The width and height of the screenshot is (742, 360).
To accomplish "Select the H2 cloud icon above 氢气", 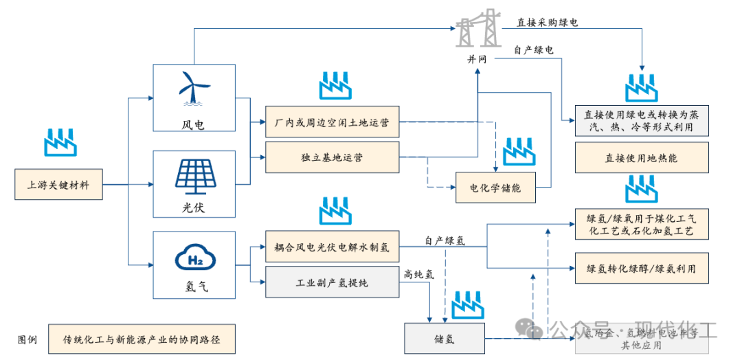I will click(x=193, y=259).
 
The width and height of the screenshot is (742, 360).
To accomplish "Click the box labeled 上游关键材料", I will click(x=59, y=185).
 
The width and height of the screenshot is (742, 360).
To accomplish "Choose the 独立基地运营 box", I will click(x=331, y=157).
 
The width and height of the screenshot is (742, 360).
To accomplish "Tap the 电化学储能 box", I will click(x=495, y=187).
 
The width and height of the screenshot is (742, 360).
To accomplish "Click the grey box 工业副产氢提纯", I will click(x=331, y=282).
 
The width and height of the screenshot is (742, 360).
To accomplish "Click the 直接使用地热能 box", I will click(x=640, y=157).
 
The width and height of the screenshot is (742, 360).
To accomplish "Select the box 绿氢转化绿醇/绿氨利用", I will click(x=640, y=269).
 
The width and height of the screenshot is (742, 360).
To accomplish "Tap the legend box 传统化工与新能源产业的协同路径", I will click(x=142, y=339).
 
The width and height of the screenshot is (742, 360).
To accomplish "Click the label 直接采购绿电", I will click(x=547, y=22).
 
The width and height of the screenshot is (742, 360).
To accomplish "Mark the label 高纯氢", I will click(x=418, y=274).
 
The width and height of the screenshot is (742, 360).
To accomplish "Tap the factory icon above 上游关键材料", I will click(x=60, y=141).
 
